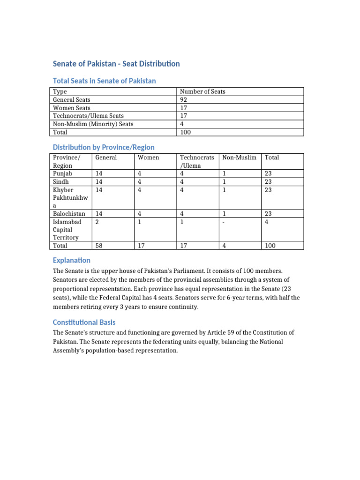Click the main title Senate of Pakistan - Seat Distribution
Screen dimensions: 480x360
116,64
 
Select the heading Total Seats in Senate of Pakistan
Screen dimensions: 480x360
104,81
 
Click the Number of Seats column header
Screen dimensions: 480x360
202,91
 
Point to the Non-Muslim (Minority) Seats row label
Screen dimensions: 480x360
93,124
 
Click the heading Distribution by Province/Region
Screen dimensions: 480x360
103,147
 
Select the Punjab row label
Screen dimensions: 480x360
62,173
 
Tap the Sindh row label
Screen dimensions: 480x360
61,181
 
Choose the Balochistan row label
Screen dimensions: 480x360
69,213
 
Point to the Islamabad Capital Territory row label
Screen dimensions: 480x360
67,229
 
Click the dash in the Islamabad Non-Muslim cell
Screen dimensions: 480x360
224,221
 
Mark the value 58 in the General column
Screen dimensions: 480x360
99,245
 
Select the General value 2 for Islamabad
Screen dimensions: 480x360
97,221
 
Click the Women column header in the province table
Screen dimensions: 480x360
148,157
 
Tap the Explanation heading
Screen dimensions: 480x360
71,260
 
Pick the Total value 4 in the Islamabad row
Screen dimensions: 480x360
267,221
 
